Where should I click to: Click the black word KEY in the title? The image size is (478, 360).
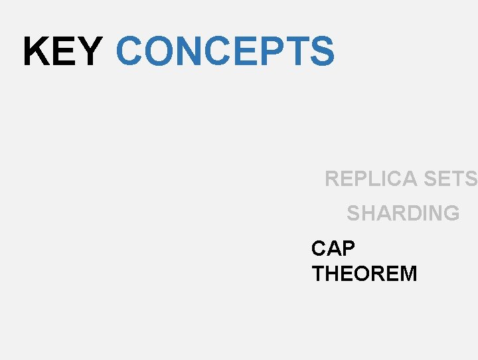[x=62, y=51]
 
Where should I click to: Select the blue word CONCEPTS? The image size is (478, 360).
[x=225, y=51]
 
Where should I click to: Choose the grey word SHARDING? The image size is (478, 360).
[x=403, y=213]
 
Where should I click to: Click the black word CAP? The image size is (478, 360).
[x=333, y=249]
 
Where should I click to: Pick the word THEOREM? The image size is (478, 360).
[x=364, y=273]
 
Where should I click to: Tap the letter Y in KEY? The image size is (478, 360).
[x=90, y=51]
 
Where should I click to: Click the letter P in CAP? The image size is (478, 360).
[x=349, y=249]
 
